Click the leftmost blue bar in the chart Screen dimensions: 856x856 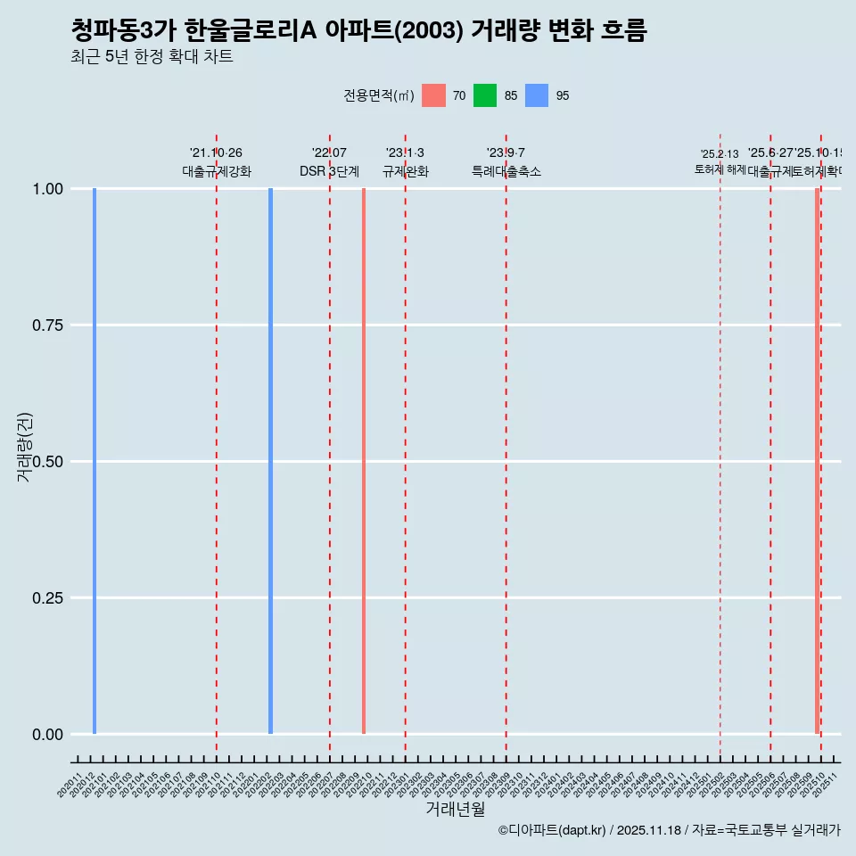pyautogui.click(x=95, y=461)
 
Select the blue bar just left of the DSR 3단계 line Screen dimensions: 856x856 pyautogui.click(x=270, y=461)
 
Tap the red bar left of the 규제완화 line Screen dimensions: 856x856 pyautogui.click(x=364, y=461)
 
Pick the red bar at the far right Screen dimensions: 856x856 pyautogui.click(x=817, y=461)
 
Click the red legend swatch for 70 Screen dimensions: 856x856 pyautogui.click(x=433, y=95)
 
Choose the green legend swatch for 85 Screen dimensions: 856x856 pyautogui.click(x=485, y=95)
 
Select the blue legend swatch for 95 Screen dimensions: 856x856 pyautogui.click(x=537, y=95)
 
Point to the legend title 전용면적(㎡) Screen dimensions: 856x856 pyautogui.click(x=378, y=95)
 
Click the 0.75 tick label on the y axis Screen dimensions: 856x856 pyautogui.click(x=46, y=325)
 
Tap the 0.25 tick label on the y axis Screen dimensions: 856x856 pyautogui.click(x=46, y=598)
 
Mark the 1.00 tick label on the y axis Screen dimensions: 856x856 pyautogui.click(x=46, y=189)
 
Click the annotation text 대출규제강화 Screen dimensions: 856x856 pyautogui.click(x=217, y=171)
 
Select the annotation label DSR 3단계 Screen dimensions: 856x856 pyautogui.click(x=329, y=171)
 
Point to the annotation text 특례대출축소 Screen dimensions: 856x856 pyautogui.click(x=506, y=171)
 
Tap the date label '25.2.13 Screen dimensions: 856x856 pyautogui.click(x=720, y=154)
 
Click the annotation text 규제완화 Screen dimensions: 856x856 pyautogui.click(x=406, y=171)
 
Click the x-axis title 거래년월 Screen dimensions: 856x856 pyautogui.click(x=455, y=809)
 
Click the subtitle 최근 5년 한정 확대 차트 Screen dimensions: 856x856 pyautogui.click(x=152, y=57)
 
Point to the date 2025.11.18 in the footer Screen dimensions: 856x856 pyautogui.click(x=648, y=830)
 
